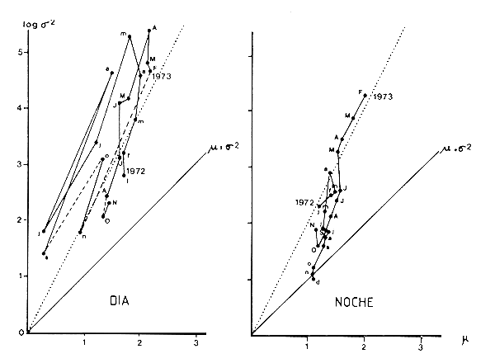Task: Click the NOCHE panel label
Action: [x=354, y=303]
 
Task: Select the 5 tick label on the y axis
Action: [x=20, y=51]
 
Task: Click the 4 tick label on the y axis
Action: [x=20, y=107]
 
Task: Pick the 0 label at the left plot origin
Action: [x=20, y=332]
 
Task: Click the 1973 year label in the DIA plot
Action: [x=163, y=77]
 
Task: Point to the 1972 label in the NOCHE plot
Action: [x=304, y=201]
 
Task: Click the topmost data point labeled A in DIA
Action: [x=148, y=31]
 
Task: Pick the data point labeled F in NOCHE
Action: [x=364, y=95]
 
